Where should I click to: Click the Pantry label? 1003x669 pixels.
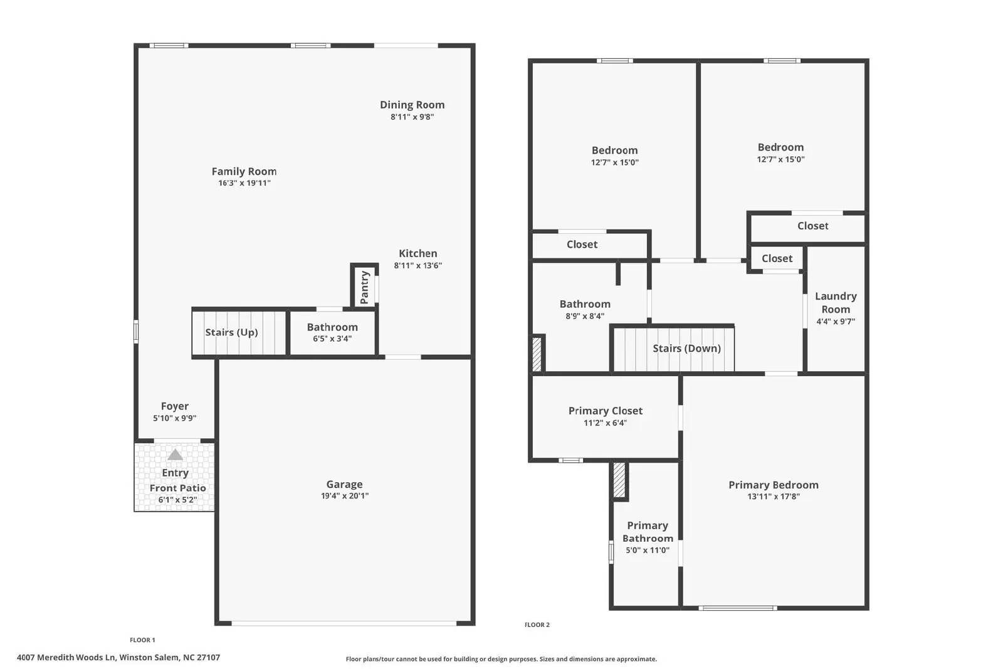(365, 287)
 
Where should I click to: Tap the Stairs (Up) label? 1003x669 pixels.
(231, 332)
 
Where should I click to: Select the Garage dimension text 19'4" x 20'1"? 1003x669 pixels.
(344, 496)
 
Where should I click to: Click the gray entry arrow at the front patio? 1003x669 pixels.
(175, 455)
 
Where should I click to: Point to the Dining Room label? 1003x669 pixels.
(412, 105)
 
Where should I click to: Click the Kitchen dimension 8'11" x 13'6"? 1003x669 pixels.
(417, 265)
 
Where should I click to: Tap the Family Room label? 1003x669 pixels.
(244, 171)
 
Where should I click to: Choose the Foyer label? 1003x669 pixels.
(174, 406)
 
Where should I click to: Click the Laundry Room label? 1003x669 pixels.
(836, 302)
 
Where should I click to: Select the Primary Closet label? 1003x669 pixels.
(605, 411)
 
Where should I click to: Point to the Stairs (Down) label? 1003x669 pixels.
(686, 348)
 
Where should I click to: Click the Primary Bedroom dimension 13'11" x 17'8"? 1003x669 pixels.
(773, 497)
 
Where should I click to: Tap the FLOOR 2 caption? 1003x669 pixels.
(537, 624)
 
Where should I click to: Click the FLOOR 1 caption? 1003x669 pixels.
(142, 640)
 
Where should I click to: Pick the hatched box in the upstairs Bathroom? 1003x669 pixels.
(537, 354)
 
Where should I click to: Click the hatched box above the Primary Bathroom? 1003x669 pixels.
(619, 480)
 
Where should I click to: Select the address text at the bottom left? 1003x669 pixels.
(118, 658)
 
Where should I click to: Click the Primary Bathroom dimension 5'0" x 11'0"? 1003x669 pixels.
(648, 550)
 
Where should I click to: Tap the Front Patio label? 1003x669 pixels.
(177, 488)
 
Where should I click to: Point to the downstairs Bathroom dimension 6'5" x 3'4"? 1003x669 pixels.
(332, 339)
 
